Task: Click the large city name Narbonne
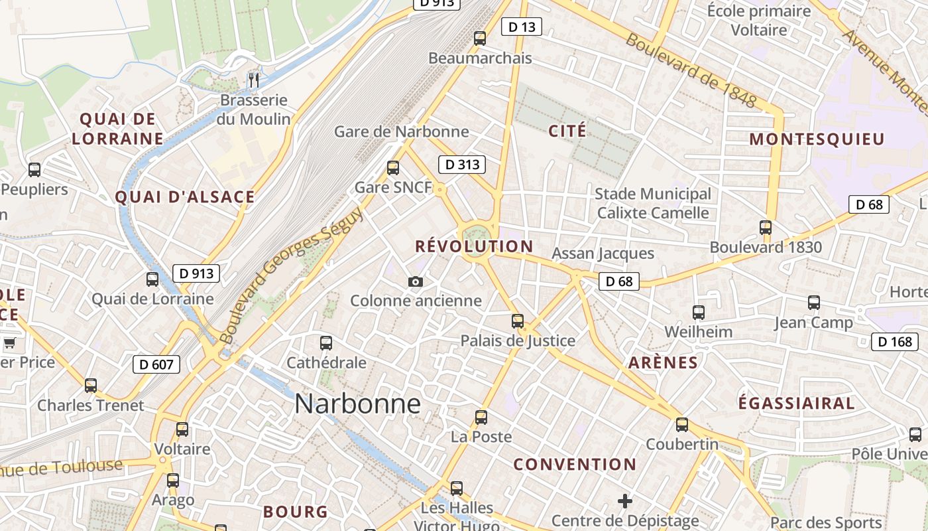pos(357,404)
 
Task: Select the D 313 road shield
pos(462,165)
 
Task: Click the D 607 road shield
pos(156,364)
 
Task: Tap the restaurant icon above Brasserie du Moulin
pos(254,80)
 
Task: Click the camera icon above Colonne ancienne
pos(416,282)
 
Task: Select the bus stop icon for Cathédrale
pos(326,343)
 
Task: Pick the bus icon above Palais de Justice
pos(518,321)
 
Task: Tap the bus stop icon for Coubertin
pos(682,425)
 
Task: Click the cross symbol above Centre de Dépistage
pos(624,501)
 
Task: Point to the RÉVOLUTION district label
pos(474,246)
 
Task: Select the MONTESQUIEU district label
pos(817,139)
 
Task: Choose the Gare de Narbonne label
pos(401,131)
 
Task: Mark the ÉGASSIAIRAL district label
pos(796,403)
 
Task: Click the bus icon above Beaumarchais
pos(480,38)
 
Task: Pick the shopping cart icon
pos(9,343)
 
